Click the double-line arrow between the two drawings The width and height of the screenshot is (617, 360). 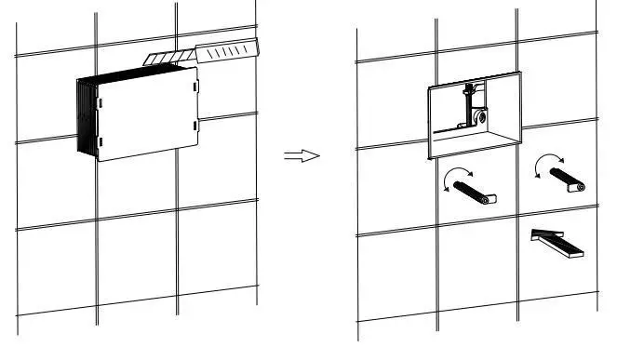[x=302, y=155]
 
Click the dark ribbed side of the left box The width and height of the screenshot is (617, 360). [x=86, y=116]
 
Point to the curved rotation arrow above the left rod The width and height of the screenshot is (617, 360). [x=457, y=177]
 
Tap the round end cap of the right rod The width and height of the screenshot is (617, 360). [x=580, y=187]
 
